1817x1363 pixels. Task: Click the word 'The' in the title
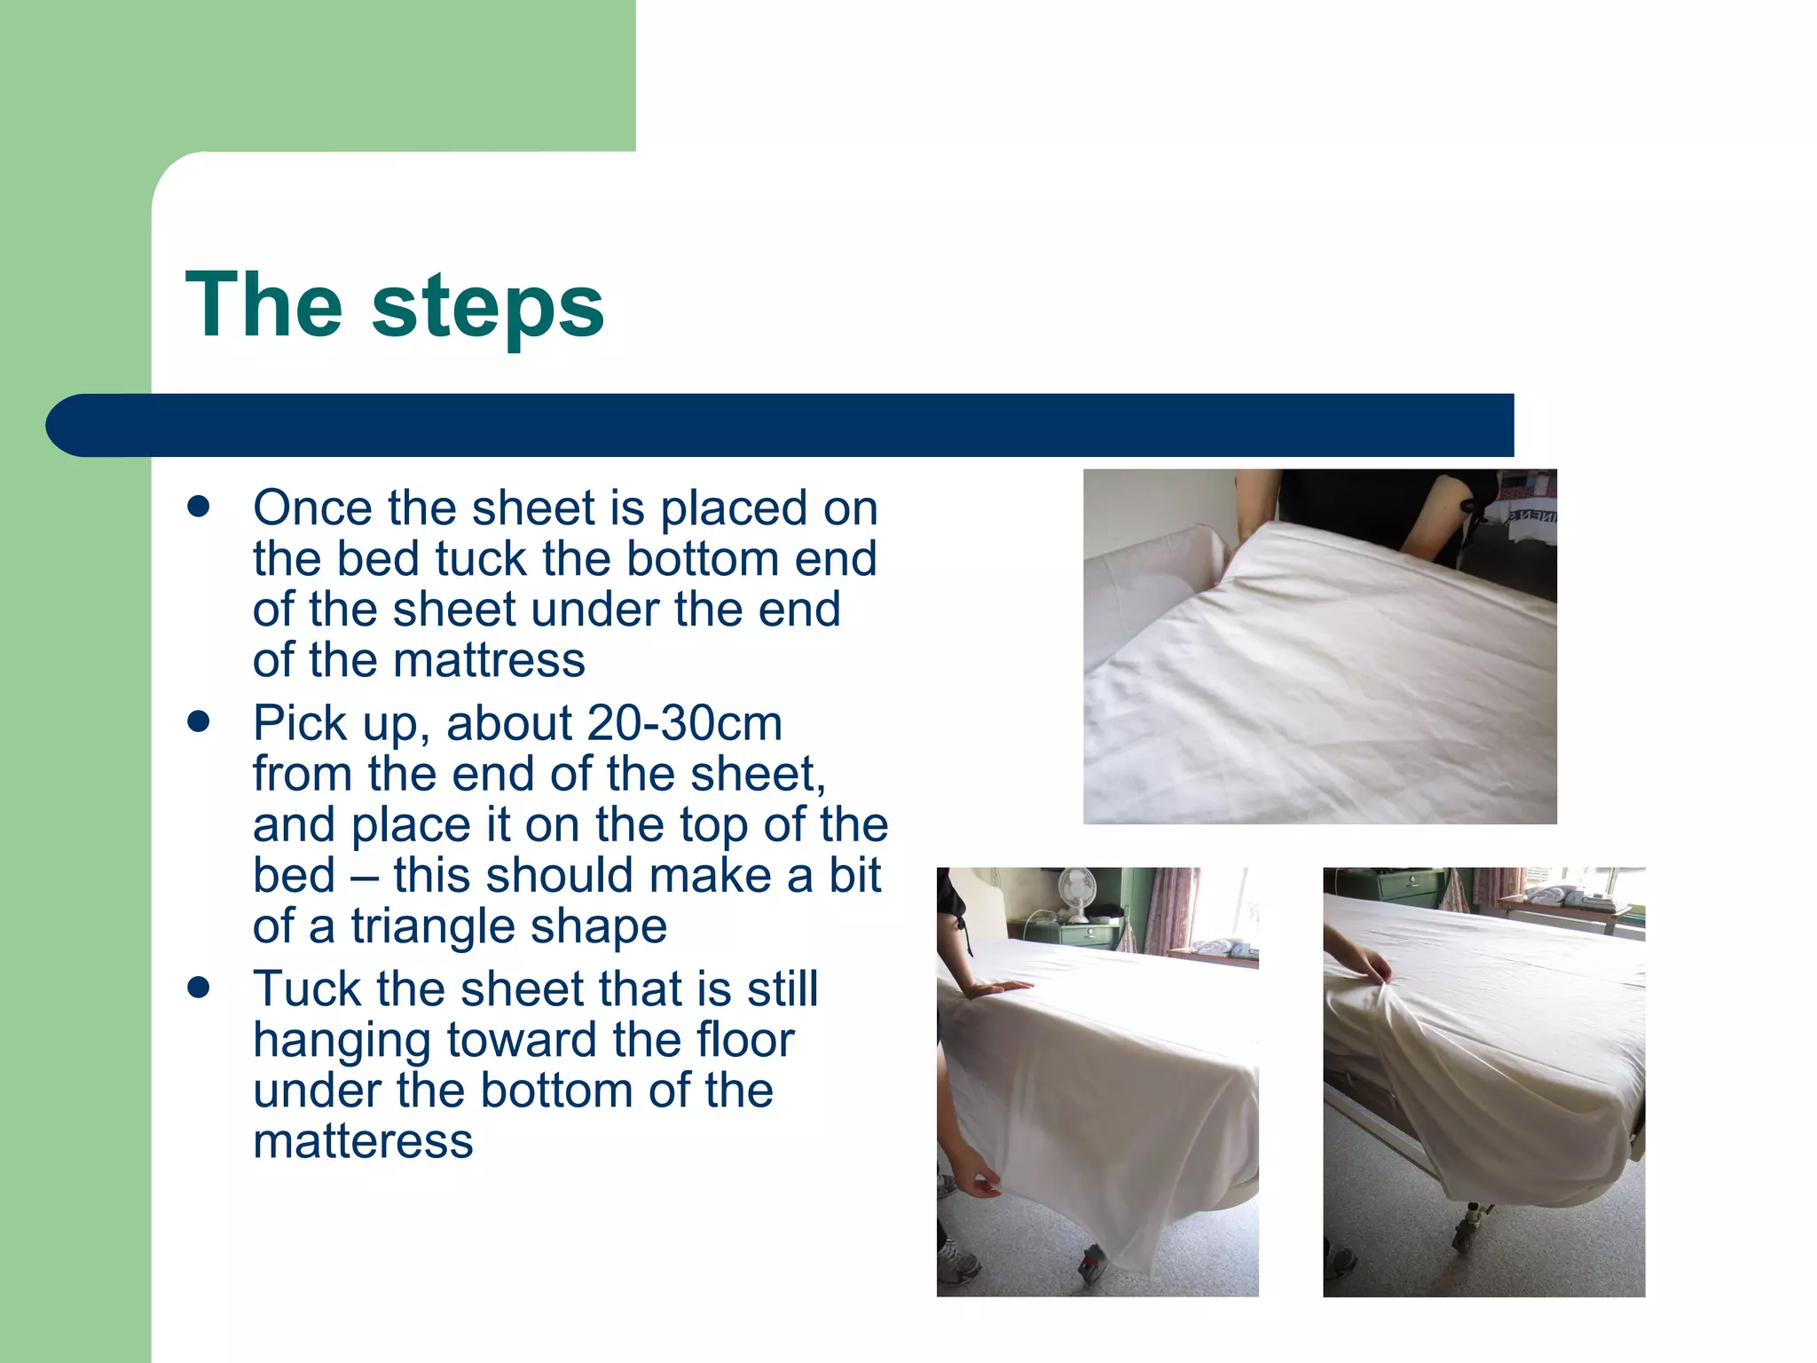264,305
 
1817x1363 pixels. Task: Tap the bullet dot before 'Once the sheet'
199,507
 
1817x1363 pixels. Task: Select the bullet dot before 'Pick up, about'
199,721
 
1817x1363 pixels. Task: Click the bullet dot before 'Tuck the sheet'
199,988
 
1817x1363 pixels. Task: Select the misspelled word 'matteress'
363,1141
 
